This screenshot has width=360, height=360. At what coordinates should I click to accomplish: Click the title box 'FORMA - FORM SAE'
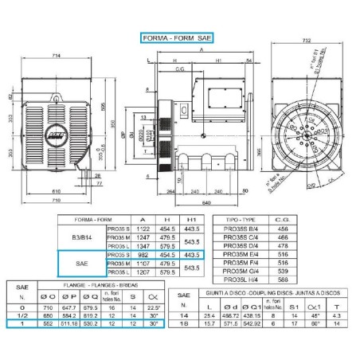pos(177,37)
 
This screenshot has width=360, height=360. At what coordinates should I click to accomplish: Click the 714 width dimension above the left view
pos(58,55)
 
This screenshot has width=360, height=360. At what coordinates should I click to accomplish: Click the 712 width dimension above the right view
pos(307,39)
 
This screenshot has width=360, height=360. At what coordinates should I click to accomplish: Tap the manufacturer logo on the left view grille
pos(57,126)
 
